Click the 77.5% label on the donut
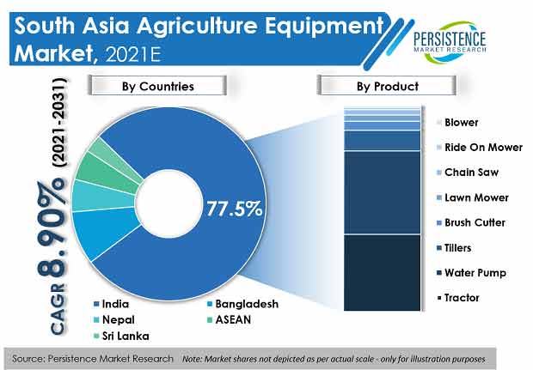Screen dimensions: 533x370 (235, 209)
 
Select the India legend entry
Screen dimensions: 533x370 (112, 304)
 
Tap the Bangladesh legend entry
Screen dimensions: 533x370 (242, 304)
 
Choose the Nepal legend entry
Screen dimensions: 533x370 (114, 319)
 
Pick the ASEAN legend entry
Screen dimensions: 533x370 (230, 319)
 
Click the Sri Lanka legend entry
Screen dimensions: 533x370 (121, 336)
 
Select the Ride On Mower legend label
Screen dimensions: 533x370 (480, 148)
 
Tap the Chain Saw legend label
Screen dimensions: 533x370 (468, 172)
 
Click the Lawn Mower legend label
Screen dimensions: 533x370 (473, 197)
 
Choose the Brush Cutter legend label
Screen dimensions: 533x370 (471, 222)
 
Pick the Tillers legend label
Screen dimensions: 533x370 (454, 248)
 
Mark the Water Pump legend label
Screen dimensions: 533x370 (471, 273)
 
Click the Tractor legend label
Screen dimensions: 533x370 (458, 298)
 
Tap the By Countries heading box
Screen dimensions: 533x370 (157, 86)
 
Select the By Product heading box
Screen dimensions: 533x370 (387, 86)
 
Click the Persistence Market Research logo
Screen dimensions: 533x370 (450, 42)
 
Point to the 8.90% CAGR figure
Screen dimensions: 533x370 (51, 231)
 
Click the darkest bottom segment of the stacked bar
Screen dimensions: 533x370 (382, 273)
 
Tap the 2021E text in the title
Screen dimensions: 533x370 (133, 54)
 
